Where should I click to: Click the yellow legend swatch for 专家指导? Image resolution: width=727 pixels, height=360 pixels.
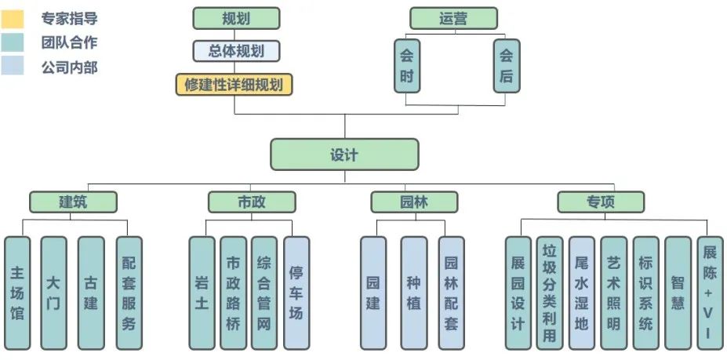pyautogui.click(x=13, y=17)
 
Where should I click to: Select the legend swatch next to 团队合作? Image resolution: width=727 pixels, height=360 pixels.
pyautogui.click(x=13, y=42)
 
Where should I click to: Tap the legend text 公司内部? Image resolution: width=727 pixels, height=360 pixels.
pyautogui.click(x=69, y=67)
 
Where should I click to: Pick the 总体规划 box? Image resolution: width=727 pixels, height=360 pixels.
pyautogui.click(x=236, y=51)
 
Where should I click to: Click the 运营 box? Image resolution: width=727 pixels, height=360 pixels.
pyautogui.click(x=453, y=18)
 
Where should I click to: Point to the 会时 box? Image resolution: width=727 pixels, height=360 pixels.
pyautogui.click(x=406, y=67)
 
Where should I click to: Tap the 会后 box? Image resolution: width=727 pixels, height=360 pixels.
pyautogui.click(x=507, y=67)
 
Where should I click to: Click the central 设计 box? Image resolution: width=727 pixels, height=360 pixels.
pyautogui.click(x=344, y=155)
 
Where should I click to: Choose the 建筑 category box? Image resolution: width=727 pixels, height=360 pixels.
pyautogui.click(x=73, y=202)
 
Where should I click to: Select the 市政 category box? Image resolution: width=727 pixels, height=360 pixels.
pyautogui.click(x=251, y=202)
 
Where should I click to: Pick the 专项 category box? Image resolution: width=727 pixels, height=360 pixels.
pyautogui.click(x=601, y=202)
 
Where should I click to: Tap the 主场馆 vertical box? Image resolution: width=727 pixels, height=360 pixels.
pyautogui.click(x=17, y=293)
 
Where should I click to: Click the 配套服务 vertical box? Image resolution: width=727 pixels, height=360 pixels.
pyautogui.click(x=129, y=293)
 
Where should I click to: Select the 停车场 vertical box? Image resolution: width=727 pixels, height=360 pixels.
pyautogui.click(x=296, y=293)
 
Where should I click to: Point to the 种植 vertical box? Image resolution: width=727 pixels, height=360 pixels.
pyautogui.click(x=413, y=293)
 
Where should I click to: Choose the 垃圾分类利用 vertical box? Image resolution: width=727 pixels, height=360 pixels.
pyautogui.click(x=549, y=293)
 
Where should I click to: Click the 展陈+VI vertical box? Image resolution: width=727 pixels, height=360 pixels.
pyautogui.click(x=709, y=293)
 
